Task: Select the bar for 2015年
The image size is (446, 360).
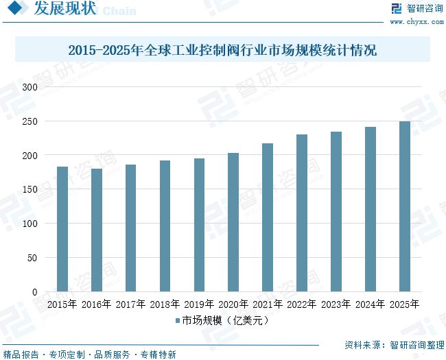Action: click(x=62, y=229)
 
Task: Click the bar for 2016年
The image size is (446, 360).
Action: click(x=97, y=230)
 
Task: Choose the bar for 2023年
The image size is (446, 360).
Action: click(x=336, y=212)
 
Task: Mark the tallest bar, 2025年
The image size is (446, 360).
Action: click(x=405, y=206)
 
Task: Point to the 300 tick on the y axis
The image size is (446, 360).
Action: click(x=30, y=87)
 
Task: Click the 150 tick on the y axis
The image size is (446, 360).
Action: click(x=30, y=190)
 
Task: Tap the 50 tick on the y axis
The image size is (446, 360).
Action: click(x=32, y=258)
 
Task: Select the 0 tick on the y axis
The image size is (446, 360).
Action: click(x=34, y=292)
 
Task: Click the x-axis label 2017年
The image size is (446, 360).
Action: click(x=130, y=304)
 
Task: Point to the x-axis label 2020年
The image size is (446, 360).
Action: click(x=233, y=304)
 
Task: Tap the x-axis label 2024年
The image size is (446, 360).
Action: click(x=371, y=304)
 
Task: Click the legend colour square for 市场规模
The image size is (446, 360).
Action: click(x=178, y=320)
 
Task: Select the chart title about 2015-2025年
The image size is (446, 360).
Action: click(x=223, y=51)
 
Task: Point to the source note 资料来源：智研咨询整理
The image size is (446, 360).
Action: click(x=394, y=344)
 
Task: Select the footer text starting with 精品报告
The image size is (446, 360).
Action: click(x=90, y=355)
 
